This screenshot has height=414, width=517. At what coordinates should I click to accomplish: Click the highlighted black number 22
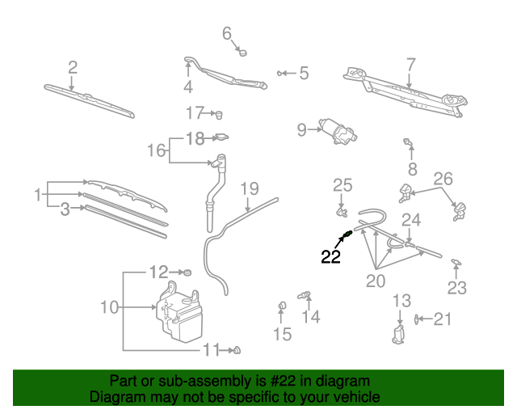pos(331,258)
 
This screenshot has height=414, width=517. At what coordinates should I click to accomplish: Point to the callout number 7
pos(410,63)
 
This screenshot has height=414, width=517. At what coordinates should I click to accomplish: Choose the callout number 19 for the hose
pos(250,189)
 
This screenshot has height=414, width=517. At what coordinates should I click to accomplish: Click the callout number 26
pos(443,179)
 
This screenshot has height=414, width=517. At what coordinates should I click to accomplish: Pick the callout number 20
pos(376,281)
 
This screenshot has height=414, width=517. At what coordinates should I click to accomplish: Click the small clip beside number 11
pos(237,350)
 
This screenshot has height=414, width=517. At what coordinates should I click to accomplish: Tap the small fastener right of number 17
pos(217,113)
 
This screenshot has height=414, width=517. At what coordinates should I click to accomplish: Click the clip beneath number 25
pos(343,213)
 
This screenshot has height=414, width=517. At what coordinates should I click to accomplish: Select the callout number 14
pos(311,317)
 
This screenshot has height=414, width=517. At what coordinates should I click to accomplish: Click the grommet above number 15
pos(282,306)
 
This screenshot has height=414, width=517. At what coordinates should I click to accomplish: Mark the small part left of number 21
pos(418,319)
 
